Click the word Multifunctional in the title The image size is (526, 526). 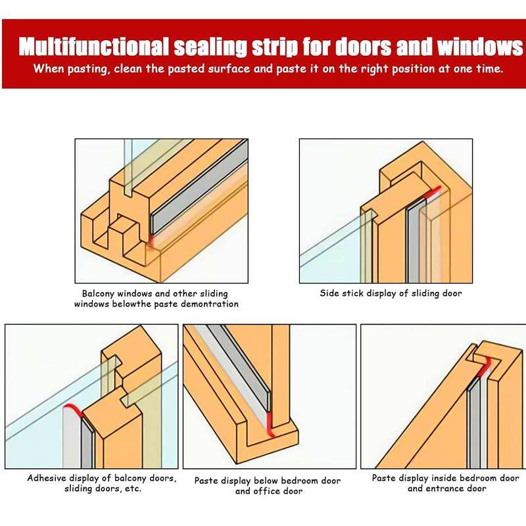click(93, 46)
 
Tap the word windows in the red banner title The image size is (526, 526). click(479, 46)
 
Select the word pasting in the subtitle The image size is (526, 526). click(89, 69)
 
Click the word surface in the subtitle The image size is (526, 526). click(229, 69)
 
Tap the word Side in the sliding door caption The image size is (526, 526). click(330, 293)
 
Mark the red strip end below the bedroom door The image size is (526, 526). click(270, 424)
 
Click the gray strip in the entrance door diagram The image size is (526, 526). click(473, 423)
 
